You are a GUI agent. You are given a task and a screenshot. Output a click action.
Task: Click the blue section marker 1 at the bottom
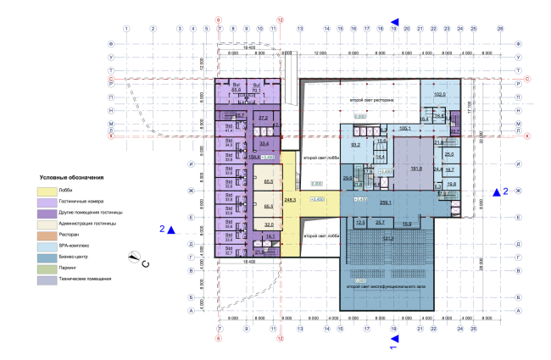pos(393,341)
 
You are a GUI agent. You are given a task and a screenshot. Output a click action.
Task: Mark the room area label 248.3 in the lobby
pos(290,199)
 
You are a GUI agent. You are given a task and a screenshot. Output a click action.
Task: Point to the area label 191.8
pos(416,169)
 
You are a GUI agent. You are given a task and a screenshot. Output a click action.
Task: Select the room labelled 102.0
pos(439,94)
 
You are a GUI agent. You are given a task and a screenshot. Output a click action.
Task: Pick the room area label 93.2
pos(356,145)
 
